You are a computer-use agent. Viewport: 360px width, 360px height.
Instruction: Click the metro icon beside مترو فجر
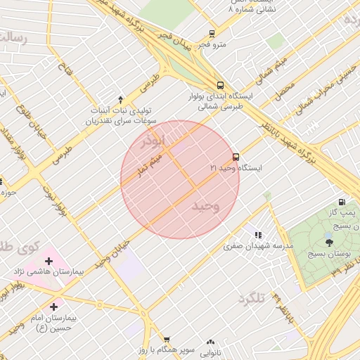click(212, 34)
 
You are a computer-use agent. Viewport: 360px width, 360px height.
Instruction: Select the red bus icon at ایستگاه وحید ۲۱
click(236, 157)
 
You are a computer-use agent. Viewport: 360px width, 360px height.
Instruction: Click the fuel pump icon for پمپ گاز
click(342, 202)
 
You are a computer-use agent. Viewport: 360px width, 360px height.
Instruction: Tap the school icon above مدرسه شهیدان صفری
click(258, 235)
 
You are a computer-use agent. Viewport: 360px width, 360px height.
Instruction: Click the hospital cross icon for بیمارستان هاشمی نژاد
click(49, 262)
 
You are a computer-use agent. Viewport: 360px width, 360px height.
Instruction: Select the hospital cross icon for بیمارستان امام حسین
click(54, 307)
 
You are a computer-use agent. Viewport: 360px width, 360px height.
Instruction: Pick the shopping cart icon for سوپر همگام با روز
click(167, 340)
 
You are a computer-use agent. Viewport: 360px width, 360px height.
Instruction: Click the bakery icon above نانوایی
click(210, 342)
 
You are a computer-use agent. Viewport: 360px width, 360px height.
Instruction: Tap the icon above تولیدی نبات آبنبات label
click(120, 99)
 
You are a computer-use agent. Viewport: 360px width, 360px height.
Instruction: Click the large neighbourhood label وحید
click(205, 205)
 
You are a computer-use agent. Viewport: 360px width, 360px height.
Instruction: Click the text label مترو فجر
click(211, 45)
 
